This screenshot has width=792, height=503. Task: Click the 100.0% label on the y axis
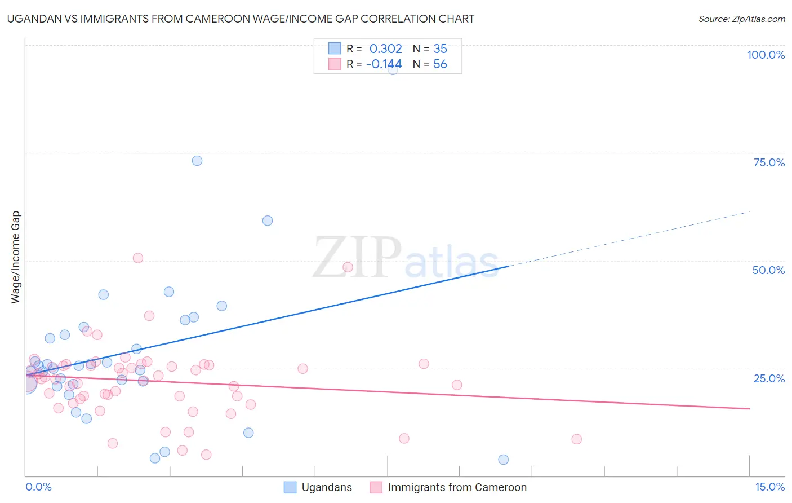click(x=766, y=55)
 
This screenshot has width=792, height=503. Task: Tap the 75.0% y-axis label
click(x=769, y=162)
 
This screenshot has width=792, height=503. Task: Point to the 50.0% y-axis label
click(x=768, y=270)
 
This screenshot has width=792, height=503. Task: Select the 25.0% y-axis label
click(x=769, y=378)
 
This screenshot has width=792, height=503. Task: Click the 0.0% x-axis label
click(x=38, y=487)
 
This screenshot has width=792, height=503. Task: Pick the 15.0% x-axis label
click(x=769, y=487)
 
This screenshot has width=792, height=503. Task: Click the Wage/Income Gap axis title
click(x=15, y=257)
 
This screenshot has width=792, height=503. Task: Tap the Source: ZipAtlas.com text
click(x=741, y=19)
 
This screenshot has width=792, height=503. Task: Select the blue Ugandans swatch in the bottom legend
click(x=290, y=487)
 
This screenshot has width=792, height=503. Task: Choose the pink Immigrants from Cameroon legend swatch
click(x=376, y=487)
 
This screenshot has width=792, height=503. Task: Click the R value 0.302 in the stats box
click(x=385, y=49)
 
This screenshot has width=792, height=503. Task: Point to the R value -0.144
click(x=384, y=64)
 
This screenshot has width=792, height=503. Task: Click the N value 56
click(x=440, y=64)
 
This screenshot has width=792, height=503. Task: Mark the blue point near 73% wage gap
click(x=197, y=161)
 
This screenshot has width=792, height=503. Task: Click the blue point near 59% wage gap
click(x=268, y=220)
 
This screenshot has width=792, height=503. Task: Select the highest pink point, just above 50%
click(x=138, y=258)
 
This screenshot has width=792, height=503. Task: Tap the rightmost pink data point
click(x=576, y=439)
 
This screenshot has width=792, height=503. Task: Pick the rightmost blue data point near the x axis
click(x=504, y=460)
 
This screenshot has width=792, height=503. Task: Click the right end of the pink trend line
click(x=749, y=408)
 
